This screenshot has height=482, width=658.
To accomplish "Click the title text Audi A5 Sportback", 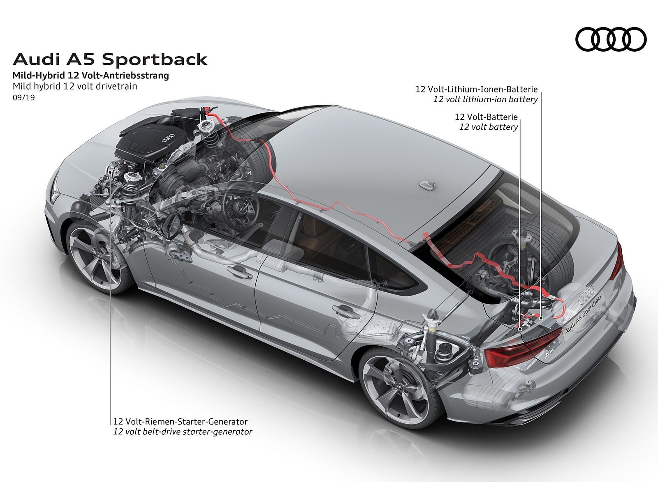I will pyautogui.click(x=110, y=60).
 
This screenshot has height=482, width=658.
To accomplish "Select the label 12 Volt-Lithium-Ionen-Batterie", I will pyautogui.click(x=476, y=89).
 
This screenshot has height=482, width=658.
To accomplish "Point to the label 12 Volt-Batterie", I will pyautogui.click(x=486, y=117).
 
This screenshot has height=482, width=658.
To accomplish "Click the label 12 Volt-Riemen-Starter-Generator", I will pyautogui.click(x=181, y=422).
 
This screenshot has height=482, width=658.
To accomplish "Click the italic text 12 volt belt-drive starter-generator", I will pyautogui.click(x=183, y=432).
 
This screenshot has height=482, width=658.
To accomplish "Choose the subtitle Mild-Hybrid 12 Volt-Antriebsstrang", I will pyautogui.click(x=90, y=76).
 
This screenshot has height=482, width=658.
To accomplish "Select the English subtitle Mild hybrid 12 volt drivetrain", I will pyautogui.click(x=75, y=86).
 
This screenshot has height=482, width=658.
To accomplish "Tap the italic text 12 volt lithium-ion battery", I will pyautogui.click(x=485, y=99).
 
